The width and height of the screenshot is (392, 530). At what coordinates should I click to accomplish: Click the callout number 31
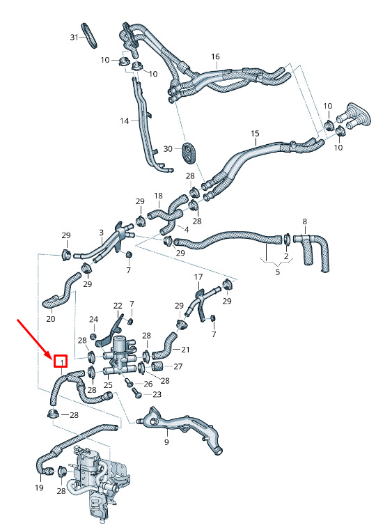74,37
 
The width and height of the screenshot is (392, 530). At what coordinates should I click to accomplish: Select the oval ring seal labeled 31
89,36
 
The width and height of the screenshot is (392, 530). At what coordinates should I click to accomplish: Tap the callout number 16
215,57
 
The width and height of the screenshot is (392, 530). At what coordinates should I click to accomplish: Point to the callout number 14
125,120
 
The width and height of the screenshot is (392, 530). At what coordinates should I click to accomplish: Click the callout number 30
168,149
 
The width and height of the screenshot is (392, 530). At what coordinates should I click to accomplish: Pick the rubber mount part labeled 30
189,153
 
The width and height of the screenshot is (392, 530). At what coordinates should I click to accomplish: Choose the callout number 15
255,134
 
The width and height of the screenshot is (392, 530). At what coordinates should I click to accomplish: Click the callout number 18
158,196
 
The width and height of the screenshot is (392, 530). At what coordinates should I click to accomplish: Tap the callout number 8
305,221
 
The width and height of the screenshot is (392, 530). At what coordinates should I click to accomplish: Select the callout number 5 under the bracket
278,272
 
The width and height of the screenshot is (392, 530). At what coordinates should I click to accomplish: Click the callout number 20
51,319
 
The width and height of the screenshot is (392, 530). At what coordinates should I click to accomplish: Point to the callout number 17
198,277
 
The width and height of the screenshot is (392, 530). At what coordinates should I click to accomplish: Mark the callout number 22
118,306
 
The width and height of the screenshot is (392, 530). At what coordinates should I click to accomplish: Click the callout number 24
93,320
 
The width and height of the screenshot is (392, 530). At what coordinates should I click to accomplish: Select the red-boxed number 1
61,361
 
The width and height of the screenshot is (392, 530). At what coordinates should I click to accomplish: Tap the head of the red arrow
51,357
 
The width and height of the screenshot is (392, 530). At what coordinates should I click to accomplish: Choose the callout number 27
178,366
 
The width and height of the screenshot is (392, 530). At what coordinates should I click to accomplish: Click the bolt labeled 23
136,392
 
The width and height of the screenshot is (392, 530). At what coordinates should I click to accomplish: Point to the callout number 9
166,442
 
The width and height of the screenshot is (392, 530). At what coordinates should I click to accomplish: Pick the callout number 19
39,488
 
